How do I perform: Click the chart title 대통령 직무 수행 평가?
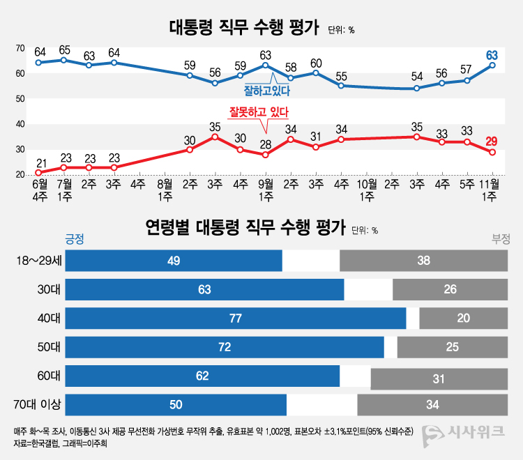(x=243, y=28)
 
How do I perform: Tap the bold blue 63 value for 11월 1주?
(x=492, y=55)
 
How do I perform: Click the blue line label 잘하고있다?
(x=266, y=91)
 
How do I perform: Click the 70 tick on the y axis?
(x=21, y=48)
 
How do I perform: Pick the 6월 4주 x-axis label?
(x=38, y=190)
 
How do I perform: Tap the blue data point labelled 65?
(x=64, y=60)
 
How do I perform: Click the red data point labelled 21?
(x=38, y=172)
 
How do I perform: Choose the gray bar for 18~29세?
(x=423, y=261)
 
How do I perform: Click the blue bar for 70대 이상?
(x=176, y=404)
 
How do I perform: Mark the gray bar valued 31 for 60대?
(x=439, y=379)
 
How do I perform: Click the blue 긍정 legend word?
(x=74, y=238)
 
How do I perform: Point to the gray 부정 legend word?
(x=501, y=238)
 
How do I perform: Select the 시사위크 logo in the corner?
(x=464, y=432)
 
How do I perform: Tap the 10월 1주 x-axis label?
(x=367, y=190)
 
